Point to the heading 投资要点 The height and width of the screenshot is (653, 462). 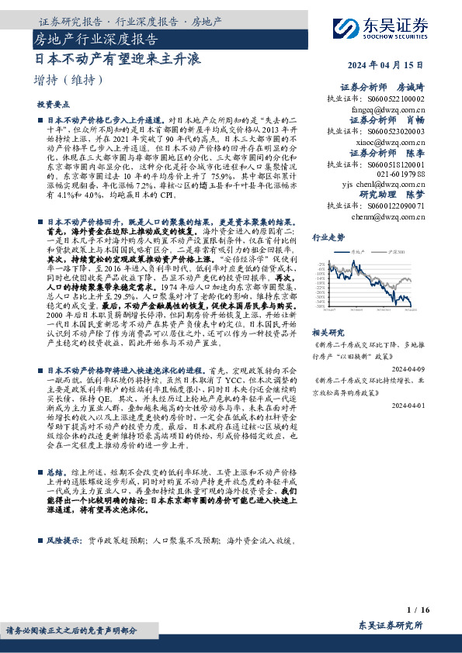pyautogui.click(x=52, y=104)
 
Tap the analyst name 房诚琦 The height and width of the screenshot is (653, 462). pyautogui.click(x=412, y=88)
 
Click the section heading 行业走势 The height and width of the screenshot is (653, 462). pyautogui.click(x=328, y=237)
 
